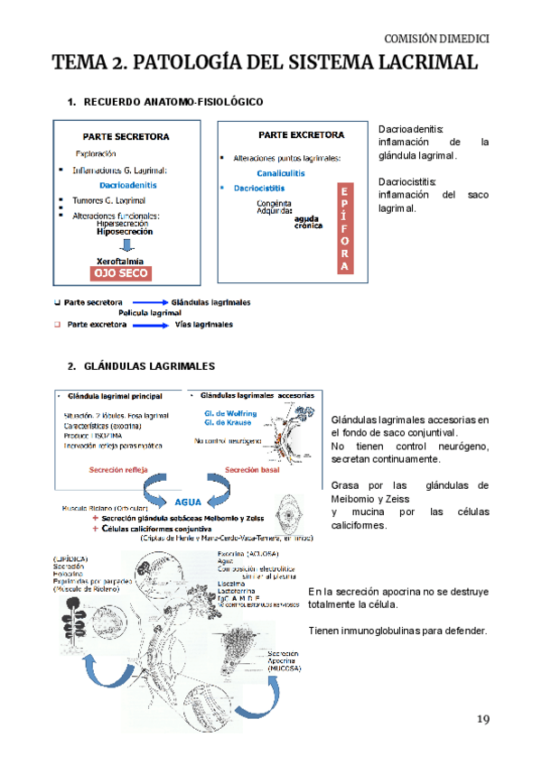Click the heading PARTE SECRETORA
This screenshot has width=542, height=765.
coord(127,137)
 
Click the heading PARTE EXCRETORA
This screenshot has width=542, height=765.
coord(301,135)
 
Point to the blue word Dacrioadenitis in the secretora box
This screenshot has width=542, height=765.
coord(128,185)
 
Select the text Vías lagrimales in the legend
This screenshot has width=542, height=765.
coord(204,324)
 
